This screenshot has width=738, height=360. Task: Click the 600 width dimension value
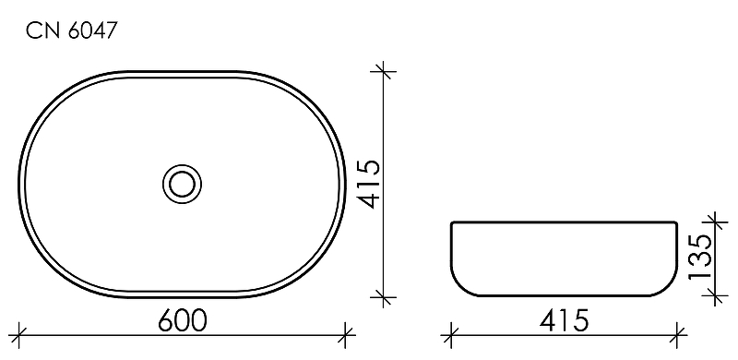click(182, 319)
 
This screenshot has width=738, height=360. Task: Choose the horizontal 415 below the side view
click(565, 319)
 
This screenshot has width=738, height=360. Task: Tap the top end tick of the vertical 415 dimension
click(384, 69)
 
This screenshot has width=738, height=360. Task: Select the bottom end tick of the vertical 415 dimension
click(384, 296)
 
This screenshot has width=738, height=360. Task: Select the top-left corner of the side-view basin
click(451, 222)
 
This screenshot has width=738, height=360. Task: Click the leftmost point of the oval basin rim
click(20, 183)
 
